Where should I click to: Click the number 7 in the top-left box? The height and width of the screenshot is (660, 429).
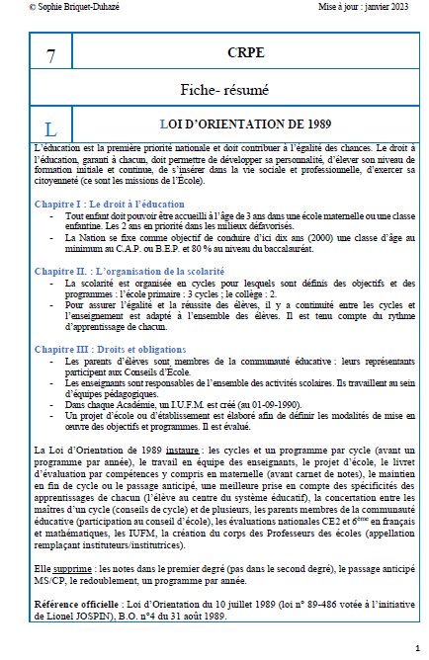[50, 55]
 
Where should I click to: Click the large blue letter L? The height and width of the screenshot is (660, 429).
[50, 129]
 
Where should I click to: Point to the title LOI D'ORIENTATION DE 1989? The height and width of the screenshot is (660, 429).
[245, 126]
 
